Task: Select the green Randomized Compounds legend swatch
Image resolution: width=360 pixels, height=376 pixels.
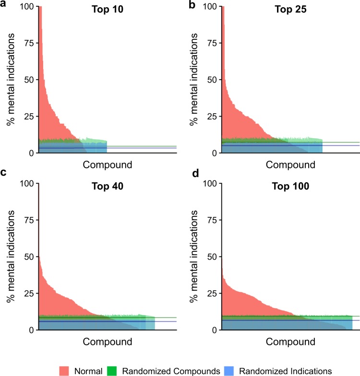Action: click(x=115, y=370)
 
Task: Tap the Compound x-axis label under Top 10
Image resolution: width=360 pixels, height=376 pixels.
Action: click(x=108, y=165)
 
